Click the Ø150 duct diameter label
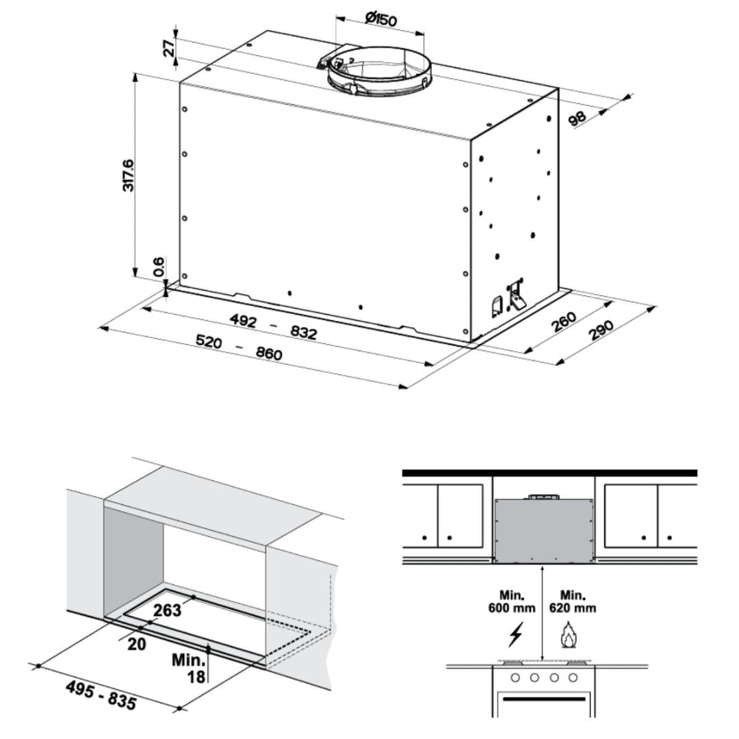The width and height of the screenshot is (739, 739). [x=380, y=19]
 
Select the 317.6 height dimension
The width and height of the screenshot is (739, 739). [x=128, y=174]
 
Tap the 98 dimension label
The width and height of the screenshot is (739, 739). [x=578, y=118]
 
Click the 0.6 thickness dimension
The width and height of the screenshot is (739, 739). [x=158, y=267]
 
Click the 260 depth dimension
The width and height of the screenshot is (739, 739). [x=563, y=322]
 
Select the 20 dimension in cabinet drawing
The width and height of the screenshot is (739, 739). [x=137, y=644]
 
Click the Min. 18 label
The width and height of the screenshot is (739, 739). [x=189, y=668]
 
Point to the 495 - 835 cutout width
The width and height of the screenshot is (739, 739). [x=101, y=694]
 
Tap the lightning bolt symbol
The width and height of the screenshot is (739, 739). [x=515, y=636]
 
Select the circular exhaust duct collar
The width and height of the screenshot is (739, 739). [x=379, y=70]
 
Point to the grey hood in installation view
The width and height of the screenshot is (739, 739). [x=543, y=528]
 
